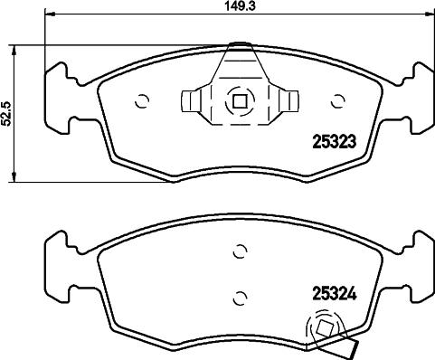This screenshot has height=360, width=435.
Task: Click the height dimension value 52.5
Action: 6,114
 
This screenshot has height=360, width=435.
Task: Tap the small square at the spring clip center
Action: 240,101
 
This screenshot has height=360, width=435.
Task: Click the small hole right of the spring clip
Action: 338,101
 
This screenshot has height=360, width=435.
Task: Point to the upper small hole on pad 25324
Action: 240,251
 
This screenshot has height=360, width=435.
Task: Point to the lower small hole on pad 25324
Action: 240,295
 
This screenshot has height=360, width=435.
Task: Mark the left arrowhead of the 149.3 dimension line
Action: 49,14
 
